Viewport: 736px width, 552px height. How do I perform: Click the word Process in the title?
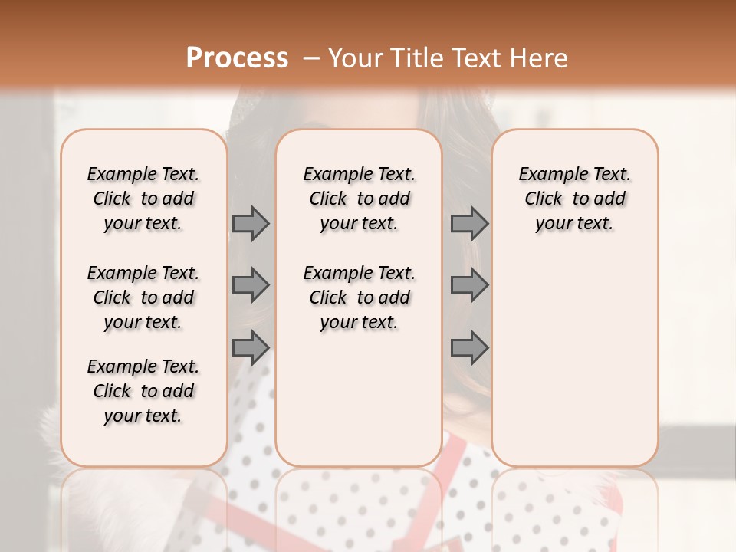click(237, 58)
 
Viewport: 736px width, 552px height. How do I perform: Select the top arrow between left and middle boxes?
click(251, 224)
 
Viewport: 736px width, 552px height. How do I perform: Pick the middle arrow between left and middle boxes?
click(251, 285)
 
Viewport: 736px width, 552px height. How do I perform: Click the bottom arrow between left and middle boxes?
click(251, 348)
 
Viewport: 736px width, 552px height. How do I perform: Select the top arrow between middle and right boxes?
click(469, 224)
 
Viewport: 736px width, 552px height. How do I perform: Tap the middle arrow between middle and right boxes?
click(469, 285)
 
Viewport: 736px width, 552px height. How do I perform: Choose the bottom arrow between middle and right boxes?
click(469, 348)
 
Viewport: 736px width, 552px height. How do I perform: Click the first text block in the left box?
click(143, 199)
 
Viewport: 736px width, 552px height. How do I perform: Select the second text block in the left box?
click(143, 297)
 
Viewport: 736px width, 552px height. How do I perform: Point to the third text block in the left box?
click(143, 391)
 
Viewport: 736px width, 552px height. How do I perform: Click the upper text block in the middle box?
click(359, 199)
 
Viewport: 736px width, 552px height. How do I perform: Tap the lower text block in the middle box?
click(359, 297)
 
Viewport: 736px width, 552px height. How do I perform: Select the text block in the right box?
click(574, 199)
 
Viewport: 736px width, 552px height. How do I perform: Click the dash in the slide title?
click(311, 58)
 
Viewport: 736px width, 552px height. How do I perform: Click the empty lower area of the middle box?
click(359, 399)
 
